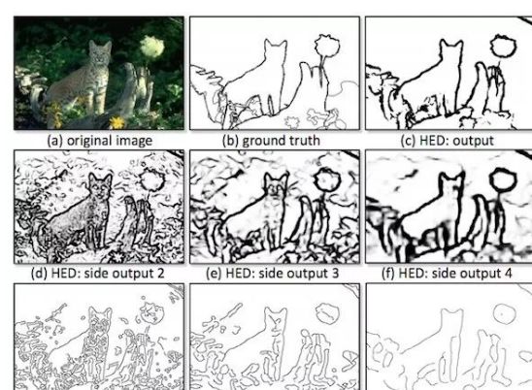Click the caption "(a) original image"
pos(99,141)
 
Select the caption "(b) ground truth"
pos(271,141)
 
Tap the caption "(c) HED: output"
pos(447,141)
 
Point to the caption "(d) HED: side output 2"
pos(97,273)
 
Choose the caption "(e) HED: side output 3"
pos(273,273)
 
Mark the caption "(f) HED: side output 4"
pos(447,273)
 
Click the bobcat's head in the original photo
pos(100,51)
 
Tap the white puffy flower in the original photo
pos(152,47)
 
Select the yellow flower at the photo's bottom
pos(117,122)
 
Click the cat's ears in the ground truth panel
pos(276,44)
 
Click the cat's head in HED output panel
pos(451,50)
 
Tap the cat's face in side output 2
pos(100,186)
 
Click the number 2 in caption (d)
pos(161,273)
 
